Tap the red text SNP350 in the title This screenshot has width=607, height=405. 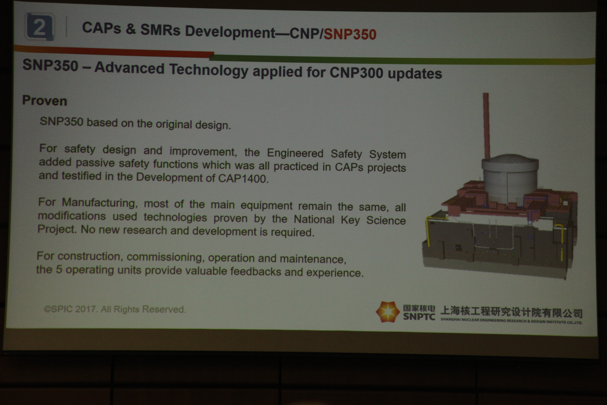pyautogui.click(x=350, y=34)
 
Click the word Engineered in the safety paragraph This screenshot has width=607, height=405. pyautogui.click(x=295, y=153)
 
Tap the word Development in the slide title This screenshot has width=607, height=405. pyautogui.click(x=230, y=32)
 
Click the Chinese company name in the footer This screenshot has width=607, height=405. pyautogui.click(x=512, y=312)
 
